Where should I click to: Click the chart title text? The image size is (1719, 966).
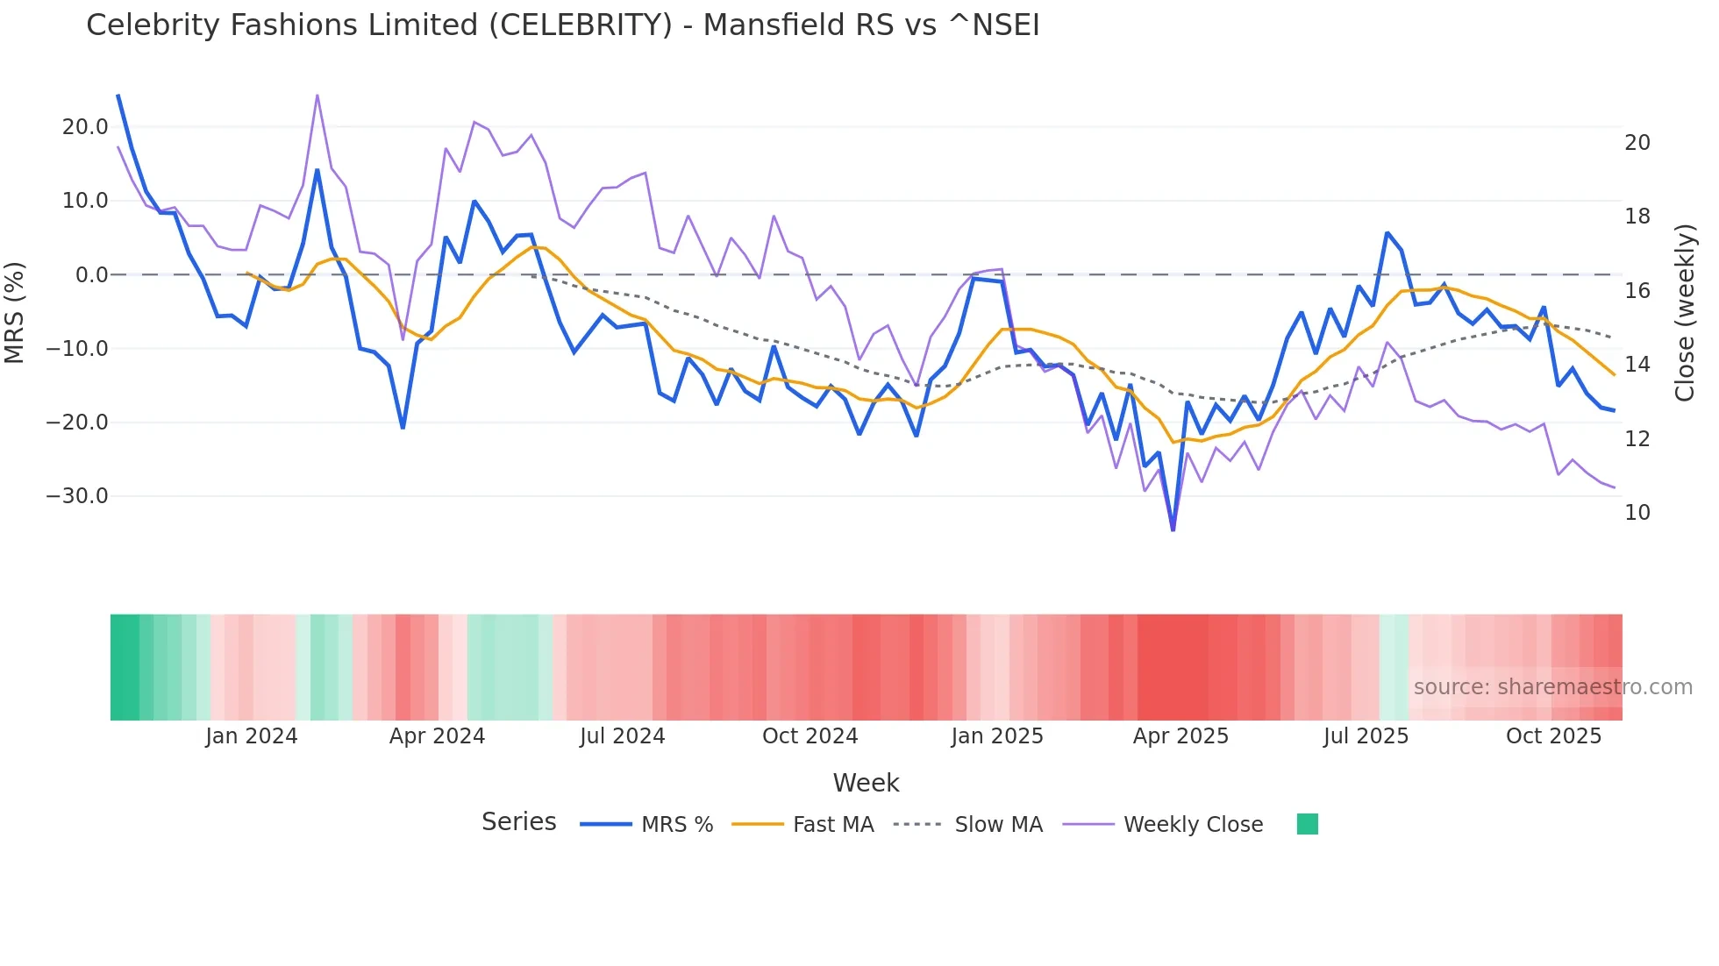562,25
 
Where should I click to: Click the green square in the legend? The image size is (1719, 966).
1307,824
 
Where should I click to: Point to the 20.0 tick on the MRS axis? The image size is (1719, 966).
85,127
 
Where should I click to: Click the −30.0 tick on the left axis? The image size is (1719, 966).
77,496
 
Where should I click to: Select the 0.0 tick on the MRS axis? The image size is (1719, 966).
91,275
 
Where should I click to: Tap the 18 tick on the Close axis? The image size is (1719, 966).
1637,217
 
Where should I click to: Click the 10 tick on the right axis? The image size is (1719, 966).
1637,513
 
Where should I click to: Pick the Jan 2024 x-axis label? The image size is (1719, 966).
252,736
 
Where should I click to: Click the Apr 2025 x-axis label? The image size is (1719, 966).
1180,736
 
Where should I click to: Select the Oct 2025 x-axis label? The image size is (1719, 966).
1553,736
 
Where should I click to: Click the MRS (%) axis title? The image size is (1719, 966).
15,312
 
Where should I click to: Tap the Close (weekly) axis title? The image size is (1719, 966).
1684,313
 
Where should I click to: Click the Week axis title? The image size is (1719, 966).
866,783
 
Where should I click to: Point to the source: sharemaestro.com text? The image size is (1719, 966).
1552,687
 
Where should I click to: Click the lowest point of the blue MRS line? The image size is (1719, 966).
1173,529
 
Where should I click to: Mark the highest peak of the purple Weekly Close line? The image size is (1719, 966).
317,95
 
